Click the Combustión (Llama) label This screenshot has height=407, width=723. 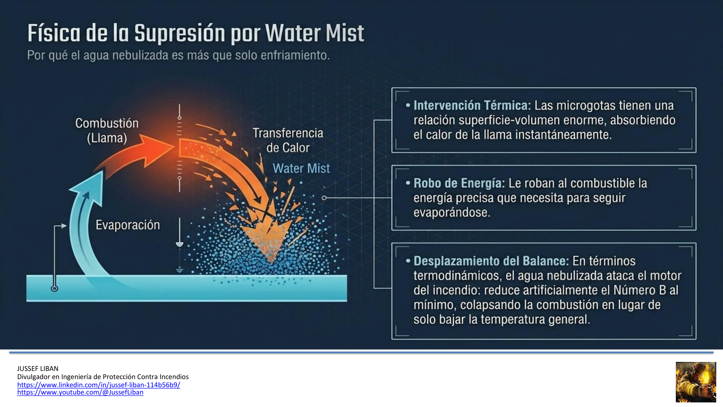click(x=107, y=131)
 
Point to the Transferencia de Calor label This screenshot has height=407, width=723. click(x=288, y=140)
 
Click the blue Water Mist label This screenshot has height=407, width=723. click(x=301, y=168)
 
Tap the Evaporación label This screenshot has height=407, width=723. click(x=128, y=225)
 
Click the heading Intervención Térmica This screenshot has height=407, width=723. click(x=472, y=105)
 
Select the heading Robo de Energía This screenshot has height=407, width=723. click(x=459, y=183)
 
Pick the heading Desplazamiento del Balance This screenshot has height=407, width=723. click(x=491, y=261)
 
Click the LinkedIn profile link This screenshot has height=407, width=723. click(x=98, y=384)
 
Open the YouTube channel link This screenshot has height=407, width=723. click(x=80, y=392)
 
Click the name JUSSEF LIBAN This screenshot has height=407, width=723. click(x=38, y=368)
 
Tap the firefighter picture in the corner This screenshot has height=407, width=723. click(x=696, y=382)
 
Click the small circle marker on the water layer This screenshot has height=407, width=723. click(x=54, y=288)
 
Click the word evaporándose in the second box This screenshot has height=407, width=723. click(x=452, y=213)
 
